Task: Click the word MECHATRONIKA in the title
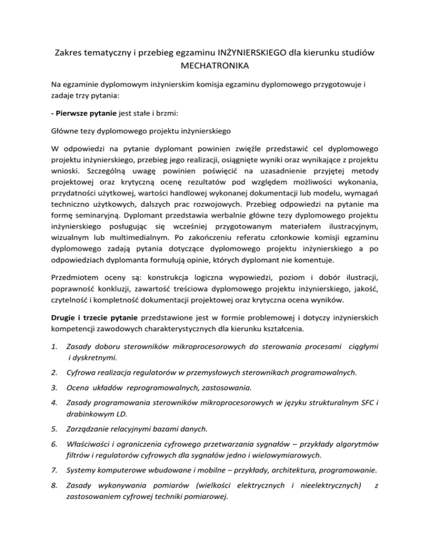point(215,65)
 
